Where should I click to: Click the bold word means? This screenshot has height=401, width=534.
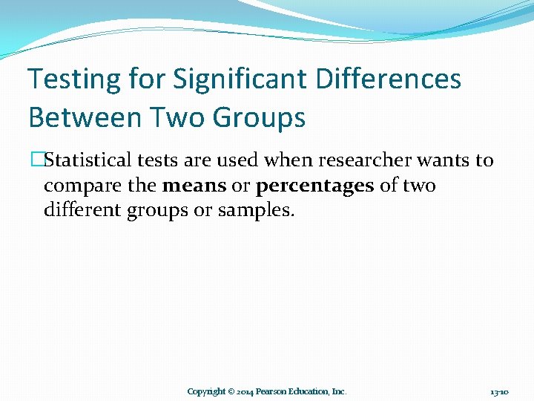click(194, 185)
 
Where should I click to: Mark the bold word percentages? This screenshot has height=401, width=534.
click(314, 186)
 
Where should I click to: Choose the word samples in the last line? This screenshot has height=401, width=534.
click(256, 212)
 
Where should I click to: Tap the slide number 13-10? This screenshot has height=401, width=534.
click(498, 391)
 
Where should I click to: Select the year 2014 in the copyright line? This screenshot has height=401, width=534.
click(246, 391)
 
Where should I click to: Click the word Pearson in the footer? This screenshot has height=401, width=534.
click(276, 391)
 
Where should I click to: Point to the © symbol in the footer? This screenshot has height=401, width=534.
click(231, 391)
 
